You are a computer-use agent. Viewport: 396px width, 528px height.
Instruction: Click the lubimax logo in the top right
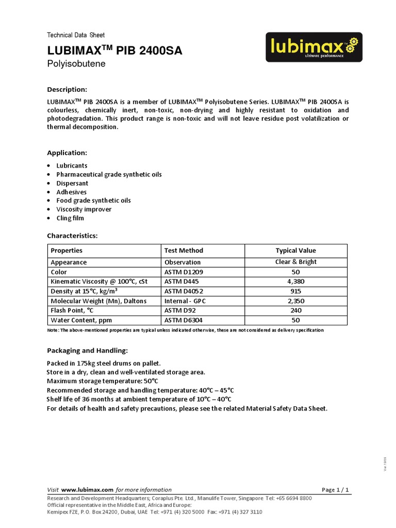[x=314, y=47]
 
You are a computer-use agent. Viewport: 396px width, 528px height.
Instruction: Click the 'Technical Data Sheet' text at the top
[x=76, y=35]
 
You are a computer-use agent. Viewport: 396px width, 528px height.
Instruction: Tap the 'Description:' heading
[x=67, y=89]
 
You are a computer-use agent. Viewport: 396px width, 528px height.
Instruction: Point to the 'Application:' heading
[x=67, y=153]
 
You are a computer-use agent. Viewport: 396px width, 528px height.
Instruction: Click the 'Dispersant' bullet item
[x=72, y=183]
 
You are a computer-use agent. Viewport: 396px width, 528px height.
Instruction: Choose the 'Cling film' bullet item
[x=70, y=218]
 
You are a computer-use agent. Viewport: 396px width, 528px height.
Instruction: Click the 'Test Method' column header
[x=184, y=251]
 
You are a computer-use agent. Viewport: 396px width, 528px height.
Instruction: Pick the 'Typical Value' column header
[x=296, y=251]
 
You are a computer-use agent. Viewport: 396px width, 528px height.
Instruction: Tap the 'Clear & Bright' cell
[x=296, y=262]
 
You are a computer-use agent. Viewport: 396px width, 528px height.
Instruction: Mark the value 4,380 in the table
[x=296, y=282]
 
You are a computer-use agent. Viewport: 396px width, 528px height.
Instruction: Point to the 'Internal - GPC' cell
[x=186, y=301]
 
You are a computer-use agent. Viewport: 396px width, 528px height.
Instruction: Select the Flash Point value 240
[x=296, y=311]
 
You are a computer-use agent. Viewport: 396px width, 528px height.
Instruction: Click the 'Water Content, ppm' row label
[x=81, y=321]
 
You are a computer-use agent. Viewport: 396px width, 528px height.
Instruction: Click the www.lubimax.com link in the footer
[x=87, y=489]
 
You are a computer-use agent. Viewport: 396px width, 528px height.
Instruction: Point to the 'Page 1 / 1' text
[x=335, y=489]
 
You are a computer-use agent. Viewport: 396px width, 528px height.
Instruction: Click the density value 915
[x=296, y=291]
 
